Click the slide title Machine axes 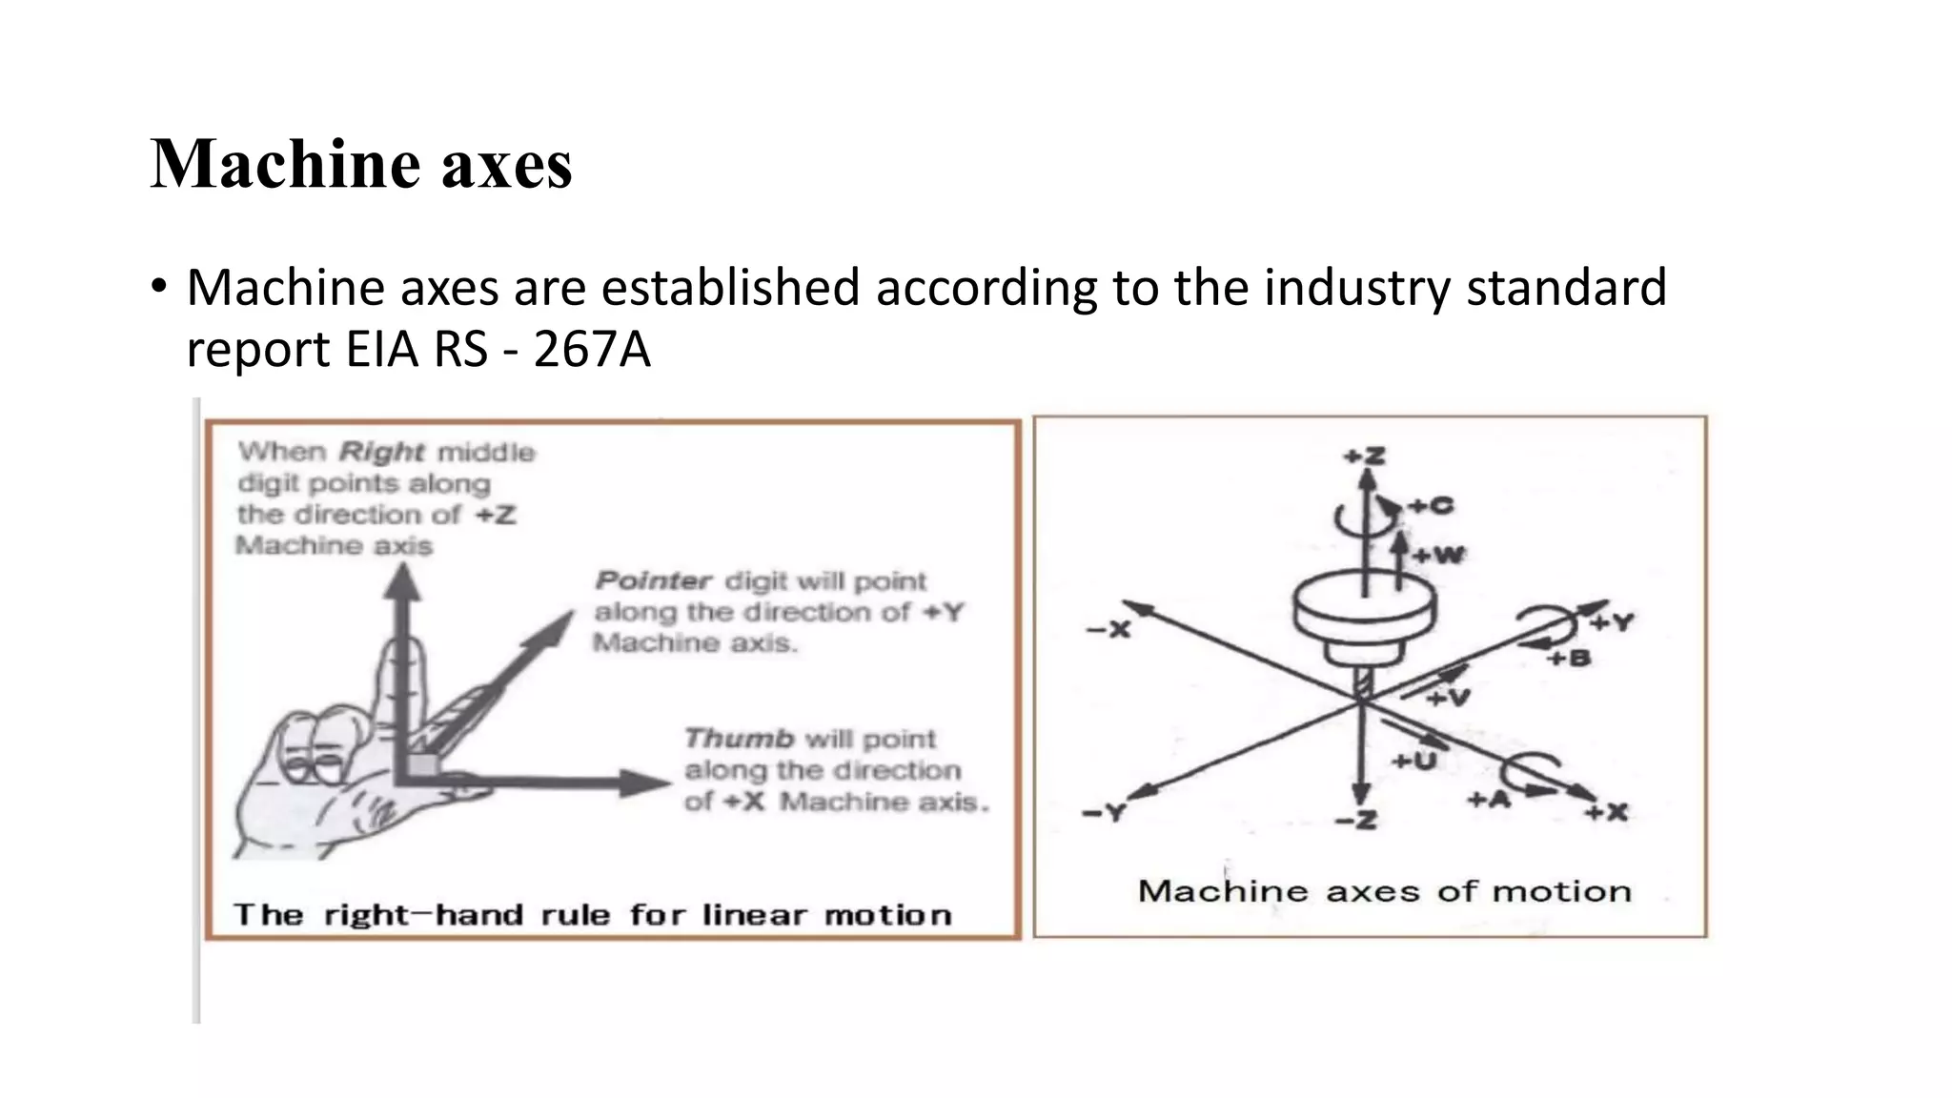point(361,164)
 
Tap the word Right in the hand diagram point(381,451)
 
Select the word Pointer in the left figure point(653,580)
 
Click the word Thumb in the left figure point(739,739)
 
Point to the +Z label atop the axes point(1365,457)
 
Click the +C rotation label point(1432,505)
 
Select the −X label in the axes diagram point(1108,630)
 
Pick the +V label point(1449,699)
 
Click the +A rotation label point(1489,800)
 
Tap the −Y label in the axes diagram point(1105,813)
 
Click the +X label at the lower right point(1607,812)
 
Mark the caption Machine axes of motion point(1384,891)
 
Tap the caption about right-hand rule point(593,915)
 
